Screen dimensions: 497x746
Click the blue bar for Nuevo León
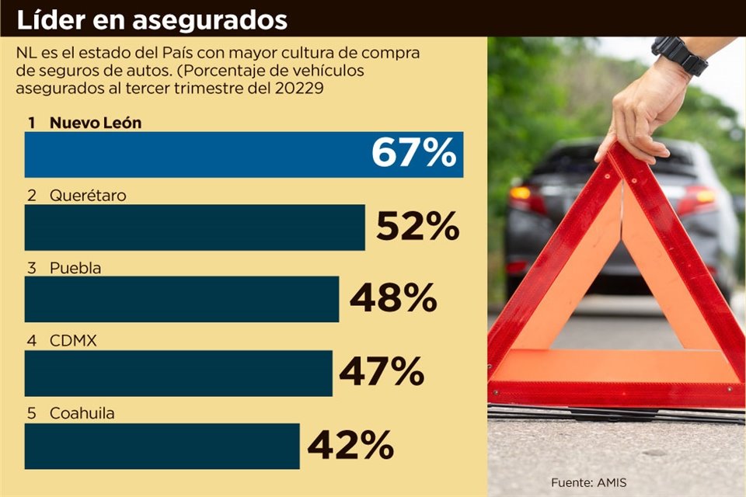(x=194, y=155)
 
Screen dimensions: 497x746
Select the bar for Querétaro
(x=194, y=228)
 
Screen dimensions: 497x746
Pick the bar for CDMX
(x=178, y=374)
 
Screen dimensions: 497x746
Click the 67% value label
(x=413, y=153)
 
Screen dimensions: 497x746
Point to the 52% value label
(x=417, y=226)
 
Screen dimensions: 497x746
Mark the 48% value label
(x=392, y=298)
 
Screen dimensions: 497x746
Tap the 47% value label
(x=381, y=372)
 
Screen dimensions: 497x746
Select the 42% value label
(x=350, y=445)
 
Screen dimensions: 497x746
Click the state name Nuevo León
(x=96, y=123)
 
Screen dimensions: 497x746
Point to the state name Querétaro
(x=88, y=196)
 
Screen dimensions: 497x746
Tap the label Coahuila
(x=82, y=414)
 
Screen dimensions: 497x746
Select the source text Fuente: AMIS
(x=588, y=483)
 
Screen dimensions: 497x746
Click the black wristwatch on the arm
(x=679, y=54)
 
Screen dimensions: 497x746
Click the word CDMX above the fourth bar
(x=72, y=341)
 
